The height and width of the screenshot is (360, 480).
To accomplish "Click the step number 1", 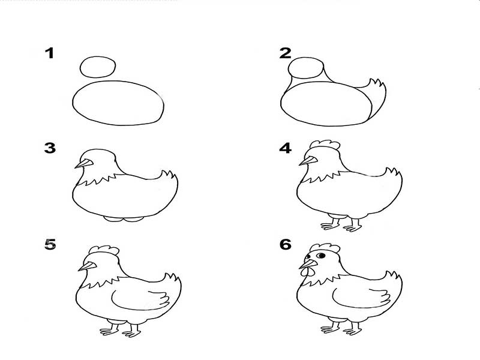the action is tap(50, 53).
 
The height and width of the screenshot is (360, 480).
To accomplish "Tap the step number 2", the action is tap(286, 53).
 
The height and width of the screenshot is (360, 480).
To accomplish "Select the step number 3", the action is tap(50, 148).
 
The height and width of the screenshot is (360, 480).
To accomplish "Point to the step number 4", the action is tap(286, 148).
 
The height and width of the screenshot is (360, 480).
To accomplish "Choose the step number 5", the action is tap(50, 244).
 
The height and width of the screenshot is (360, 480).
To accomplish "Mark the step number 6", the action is tap(286, 244).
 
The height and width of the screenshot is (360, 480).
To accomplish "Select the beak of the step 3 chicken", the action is tap(84, 164).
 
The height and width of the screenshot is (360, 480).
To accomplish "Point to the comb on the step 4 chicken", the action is tap(325, 145).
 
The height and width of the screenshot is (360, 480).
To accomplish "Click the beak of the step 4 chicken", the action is tap(308, 161).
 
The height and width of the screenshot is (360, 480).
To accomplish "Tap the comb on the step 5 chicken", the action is tap(104, 250).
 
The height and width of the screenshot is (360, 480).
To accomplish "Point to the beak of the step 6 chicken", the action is tap(308, 264).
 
